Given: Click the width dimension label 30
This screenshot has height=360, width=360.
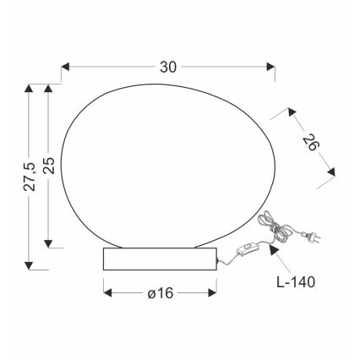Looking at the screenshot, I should (x=167, y=65).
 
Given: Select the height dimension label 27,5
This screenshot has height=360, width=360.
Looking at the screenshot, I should (x=30, y=175).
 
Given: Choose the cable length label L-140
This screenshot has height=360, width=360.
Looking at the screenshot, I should (x=294, y=281).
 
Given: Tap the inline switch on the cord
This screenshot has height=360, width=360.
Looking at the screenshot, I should (x=248, y=250).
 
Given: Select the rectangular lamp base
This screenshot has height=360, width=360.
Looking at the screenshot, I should (x=158, y=259).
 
